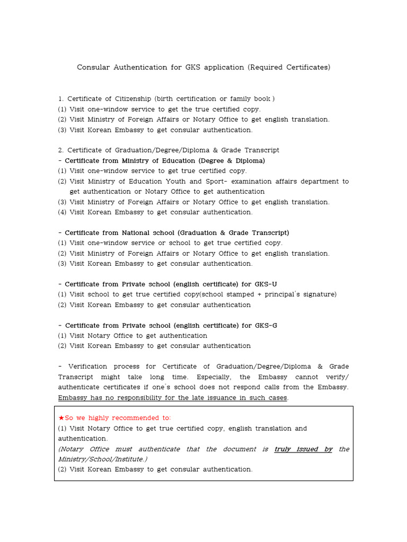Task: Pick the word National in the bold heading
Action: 139,233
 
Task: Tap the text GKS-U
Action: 266,284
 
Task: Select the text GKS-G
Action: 266,326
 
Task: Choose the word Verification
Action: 87,367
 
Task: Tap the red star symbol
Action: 61,418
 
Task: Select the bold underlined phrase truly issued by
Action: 303,449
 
